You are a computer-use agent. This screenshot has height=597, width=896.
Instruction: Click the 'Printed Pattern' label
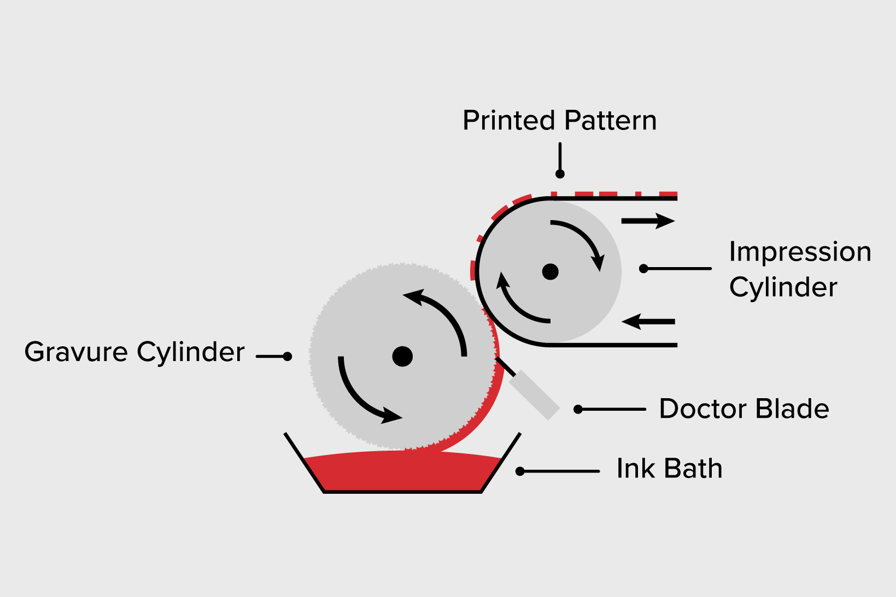(559, 121)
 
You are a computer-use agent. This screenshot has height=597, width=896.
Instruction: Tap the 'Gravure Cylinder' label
(134, 352)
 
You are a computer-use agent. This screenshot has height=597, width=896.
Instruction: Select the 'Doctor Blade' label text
(743, 409)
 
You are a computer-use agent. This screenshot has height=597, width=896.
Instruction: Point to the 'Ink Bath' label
(669, 469)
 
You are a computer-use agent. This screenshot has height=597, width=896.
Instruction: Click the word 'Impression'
(800, 252)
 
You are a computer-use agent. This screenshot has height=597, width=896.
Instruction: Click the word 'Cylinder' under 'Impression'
(783, 287)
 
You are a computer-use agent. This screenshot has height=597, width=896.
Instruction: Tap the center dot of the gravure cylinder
(402, 356)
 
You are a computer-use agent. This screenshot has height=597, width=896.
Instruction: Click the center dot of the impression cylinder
(550, 271)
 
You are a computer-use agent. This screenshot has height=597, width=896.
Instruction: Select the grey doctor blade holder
(534, 394)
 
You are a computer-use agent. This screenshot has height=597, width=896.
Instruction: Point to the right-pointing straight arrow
(648, 221)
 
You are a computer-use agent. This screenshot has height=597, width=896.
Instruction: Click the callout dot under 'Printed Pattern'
(560, 174)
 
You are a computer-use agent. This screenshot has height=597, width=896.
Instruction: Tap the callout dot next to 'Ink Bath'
(520, 471)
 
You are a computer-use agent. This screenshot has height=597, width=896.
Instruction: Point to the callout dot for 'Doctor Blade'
(578, 409)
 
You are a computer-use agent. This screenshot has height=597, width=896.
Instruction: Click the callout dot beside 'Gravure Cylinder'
(287, 357)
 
